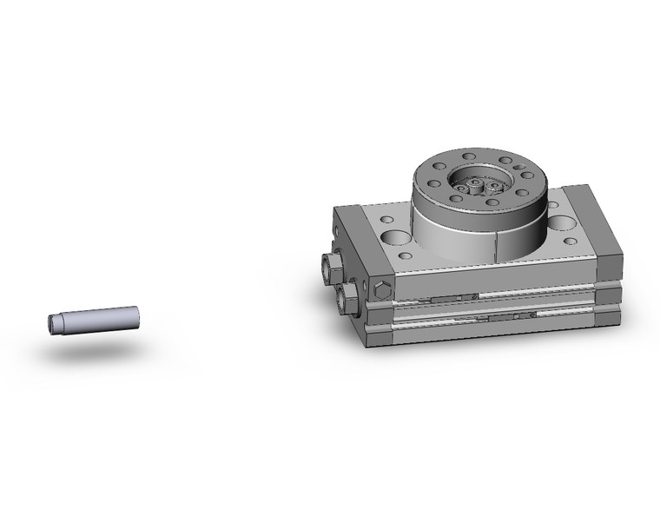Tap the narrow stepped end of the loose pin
[54, 323]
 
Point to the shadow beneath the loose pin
[91, 351]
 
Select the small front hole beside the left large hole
[404, 258]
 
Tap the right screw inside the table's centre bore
[496, 185]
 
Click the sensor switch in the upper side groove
[455, 298]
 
